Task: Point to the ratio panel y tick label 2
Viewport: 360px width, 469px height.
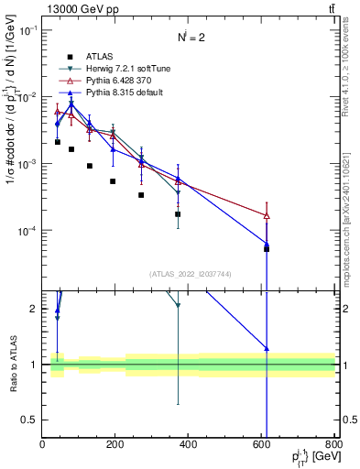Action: pyautogui.click(x=35, y=309)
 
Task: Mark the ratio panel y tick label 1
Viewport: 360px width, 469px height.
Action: pyautogui.click(x=35, y=365)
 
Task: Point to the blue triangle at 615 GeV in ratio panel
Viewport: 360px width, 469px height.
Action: pyautogui.click(x=267, y=348)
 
